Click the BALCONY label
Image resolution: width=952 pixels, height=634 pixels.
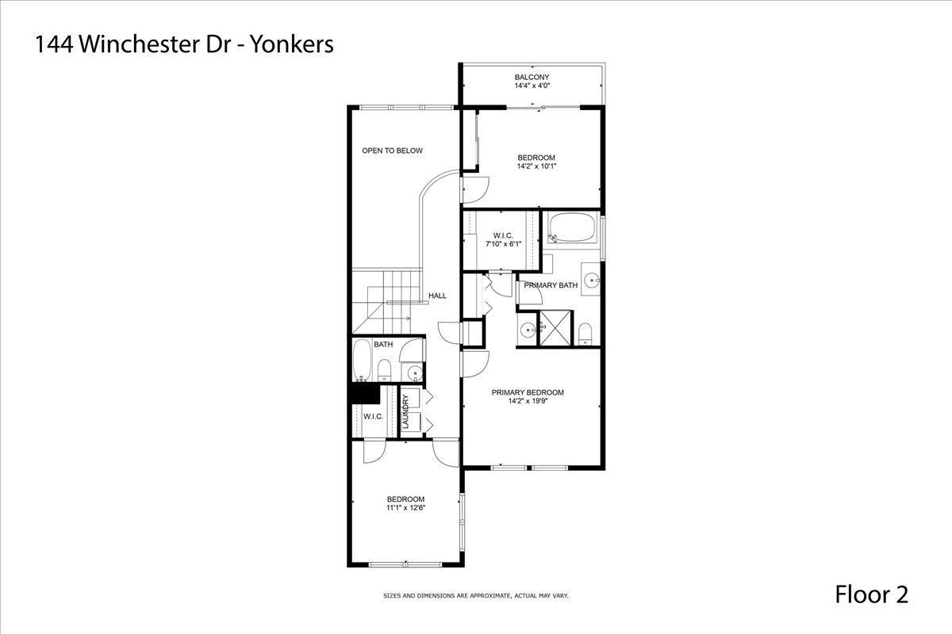(x=532, y=78)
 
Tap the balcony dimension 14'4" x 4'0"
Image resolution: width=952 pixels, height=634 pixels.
(x=532, y=86)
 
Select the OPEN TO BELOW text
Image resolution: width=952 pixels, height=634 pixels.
(x=392, y=151)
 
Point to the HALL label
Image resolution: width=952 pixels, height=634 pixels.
(x=437, y=296)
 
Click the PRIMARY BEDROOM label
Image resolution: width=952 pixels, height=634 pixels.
(x=528, y=393)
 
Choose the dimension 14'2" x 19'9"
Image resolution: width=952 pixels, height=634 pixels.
(x=528, y=401)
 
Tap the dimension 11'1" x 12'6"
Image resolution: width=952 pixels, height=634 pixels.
(x=405, y=507)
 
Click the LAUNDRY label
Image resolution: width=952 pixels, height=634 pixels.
(x=405, y=411)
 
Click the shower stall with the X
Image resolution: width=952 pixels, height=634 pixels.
(x=555, y=328)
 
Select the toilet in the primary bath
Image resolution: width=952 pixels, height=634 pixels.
(x=585, y=334)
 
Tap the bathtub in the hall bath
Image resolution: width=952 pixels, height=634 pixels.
(x=362, y=360)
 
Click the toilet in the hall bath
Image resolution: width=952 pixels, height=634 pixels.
(x=384, y=370)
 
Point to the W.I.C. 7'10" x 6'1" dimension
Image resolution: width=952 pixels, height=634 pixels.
(x=503, y=244)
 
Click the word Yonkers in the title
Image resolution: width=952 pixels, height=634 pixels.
(x=292, y=44)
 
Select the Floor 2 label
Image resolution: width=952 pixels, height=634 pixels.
(x=872, y=594)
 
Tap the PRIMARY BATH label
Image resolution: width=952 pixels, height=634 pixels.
(x=551, y=285)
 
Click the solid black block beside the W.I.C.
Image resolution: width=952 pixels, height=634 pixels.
(x=365, y=394)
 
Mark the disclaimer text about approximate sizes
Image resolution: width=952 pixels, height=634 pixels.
(x=475, y=596)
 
